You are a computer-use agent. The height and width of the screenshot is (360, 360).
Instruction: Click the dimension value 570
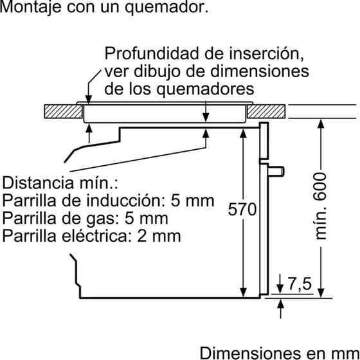coord(242,209)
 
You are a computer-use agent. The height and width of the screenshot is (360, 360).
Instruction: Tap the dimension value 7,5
coord(300,283)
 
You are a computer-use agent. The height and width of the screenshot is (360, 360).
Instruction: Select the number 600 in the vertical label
coord(321,187)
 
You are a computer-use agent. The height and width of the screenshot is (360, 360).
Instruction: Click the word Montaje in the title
coord(30,7)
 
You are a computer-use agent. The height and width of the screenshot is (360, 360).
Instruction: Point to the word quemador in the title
coord(166,8)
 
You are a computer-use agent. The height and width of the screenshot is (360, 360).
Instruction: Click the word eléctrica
coord(94,235)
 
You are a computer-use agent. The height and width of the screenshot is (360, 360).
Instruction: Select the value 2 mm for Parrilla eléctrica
coord(159,236)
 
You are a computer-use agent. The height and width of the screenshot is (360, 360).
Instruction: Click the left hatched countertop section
coord(64,112)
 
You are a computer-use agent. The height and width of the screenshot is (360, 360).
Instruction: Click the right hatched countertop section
coord(266,112)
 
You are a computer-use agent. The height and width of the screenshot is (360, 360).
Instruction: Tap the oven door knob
coord(276,172)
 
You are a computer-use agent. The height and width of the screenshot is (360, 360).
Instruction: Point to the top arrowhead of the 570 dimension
coord(243,133)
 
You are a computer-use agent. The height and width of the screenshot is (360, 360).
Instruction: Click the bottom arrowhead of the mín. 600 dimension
coord(321,293)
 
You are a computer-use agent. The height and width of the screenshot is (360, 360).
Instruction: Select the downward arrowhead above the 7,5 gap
coord(280,289)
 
